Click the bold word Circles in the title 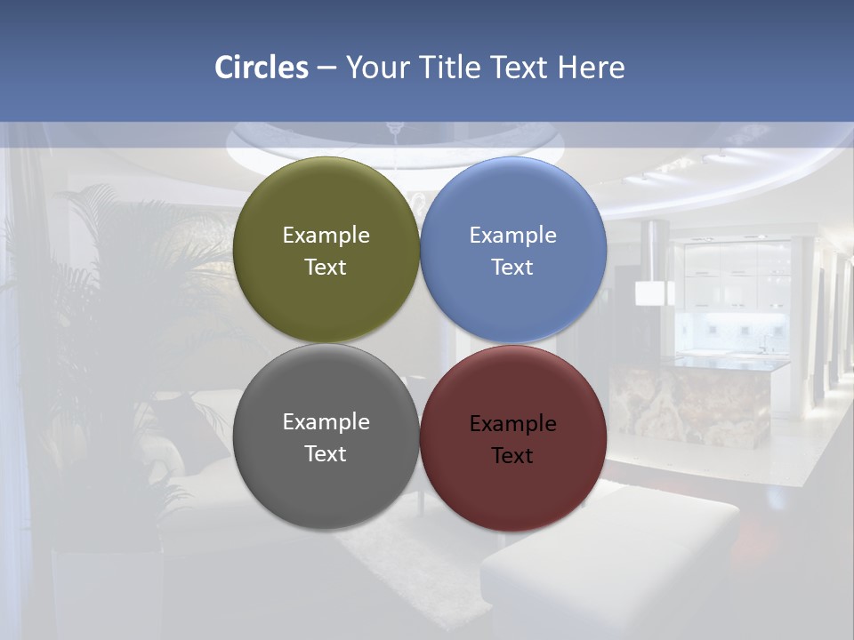[262, 68]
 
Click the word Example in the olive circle [326, 236]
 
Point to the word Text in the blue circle [512, 268]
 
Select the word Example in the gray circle [326, 422]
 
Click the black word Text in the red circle [512, 456]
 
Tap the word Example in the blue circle [512, 236]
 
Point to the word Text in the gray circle [326, 454]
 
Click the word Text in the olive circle [326, 268]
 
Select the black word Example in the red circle [512, 424]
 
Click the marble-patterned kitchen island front [694, 404]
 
